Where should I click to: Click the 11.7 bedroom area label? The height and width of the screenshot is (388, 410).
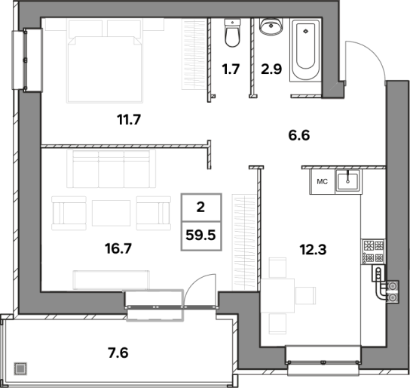tap(129, 120)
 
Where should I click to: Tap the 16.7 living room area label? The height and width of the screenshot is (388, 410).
tap(118, 248)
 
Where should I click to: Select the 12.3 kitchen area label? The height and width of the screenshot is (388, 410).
tap(313, 250)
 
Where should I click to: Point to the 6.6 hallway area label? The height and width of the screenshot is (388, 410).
tap(299, 136)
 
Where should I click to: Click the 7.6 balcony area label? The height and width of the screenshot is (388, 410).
tap(118, 353)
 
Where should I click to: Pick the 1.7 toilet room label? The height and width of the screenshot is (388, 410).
tap(231, 69)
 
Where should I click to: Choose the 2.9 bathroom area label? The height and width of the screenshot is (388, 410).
tap(271, 69)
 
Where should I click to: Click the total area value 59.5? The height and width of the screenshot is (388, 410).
tap(200, 235)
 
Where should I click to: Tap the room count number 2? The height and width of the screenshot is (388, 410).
tap(200, 208)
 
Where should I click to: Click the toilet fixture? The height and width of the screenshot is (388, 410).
tap(232, 33)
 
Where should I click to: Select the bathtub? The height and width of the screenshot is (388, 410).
tap(305, 50)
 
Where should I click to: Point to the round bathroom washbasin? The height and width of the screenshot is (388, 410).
tap(271, 26)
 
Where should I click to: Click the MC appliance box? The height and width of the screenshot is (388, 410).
tap(323, 182)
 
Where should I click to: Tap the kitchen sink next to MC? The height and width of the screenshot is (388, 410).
tap(348, 180)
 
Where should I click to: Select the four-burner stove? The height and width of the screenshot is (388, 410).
tap(374, 251)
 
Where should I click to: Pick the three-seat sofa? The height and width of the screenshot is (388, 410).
tap(111, 169)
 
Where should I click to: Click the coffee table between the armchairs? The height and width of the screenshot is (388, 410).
tap(111, 213)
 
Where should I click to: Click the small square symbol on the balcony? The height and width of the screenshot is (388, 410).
tap(20, 369)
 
